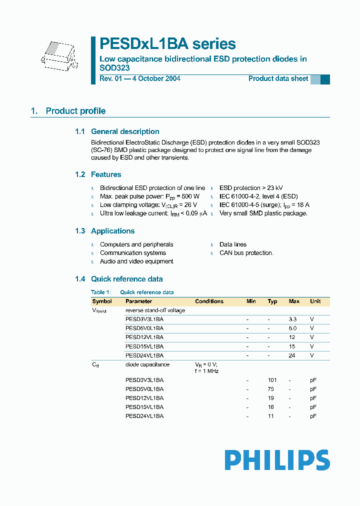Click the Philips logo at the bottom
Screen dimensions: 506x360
pos(277,459)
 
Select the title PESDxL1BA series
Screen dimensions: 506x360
pos(167,44)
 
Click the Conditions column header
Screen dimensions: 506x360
pos(209,301)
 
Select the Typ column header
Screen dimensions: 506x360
pos(272,301)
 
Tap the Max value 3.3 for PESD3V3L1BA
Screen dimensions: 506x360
pos(293,319)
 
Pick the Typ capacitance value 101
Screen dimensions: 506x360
pos(272,380)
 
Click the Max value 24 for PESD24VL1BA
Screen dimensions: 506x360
pos(292,355)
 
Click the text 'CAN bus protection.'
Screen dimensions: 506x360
pos(246,253)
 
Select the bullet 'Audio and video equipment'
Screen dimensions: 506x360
pos(136,261)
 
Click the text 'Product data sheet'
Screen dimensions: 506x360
pos(278,78)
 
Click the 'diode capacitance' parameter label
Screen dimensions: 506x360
pos(147,364)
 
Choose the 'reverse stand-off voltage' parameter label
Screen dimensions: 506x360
pos(155,310)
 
